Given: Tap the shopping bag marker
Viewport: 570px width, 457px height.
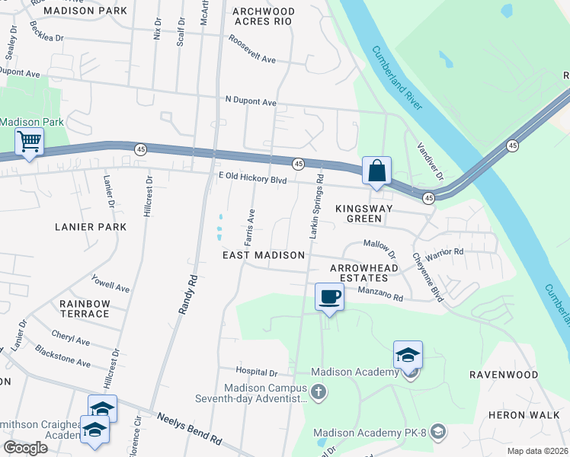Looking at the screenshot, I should coord(377,171).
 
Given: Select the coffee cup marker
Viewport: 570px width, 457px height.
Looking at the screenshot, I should coord(329,296).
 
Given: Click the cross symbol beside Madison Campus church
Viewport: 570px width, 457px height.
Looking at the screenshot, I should coord(319,392).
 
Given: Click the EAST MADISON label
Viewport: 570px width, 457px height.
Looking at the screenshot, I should coord(264,255).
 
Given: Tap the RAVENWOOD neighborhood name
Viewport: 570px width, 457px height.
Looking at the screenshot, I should coord(503,375).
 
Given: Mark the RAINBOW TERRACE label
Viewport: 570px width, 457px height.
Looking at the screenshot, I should coord(85,308).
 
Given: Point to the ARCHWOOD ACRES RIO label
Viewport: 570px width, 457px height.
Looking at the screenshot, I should coord(263,17).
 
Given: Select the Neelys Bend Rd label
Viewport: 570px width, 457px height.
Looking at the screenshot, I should coord(189,429).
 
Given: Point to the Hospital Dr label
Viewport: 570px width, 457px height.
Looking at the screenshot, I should coord(257,373).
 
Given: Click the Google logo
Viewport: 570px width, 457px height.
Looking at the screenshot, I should coord(26,448).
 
